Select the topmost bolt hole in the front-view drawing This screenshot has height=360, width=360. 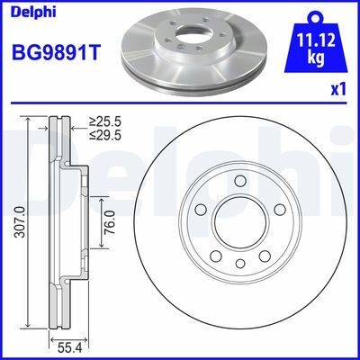coord(239,183)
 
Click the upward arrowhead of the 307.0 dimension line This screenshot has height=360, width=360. coord(30,121)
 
